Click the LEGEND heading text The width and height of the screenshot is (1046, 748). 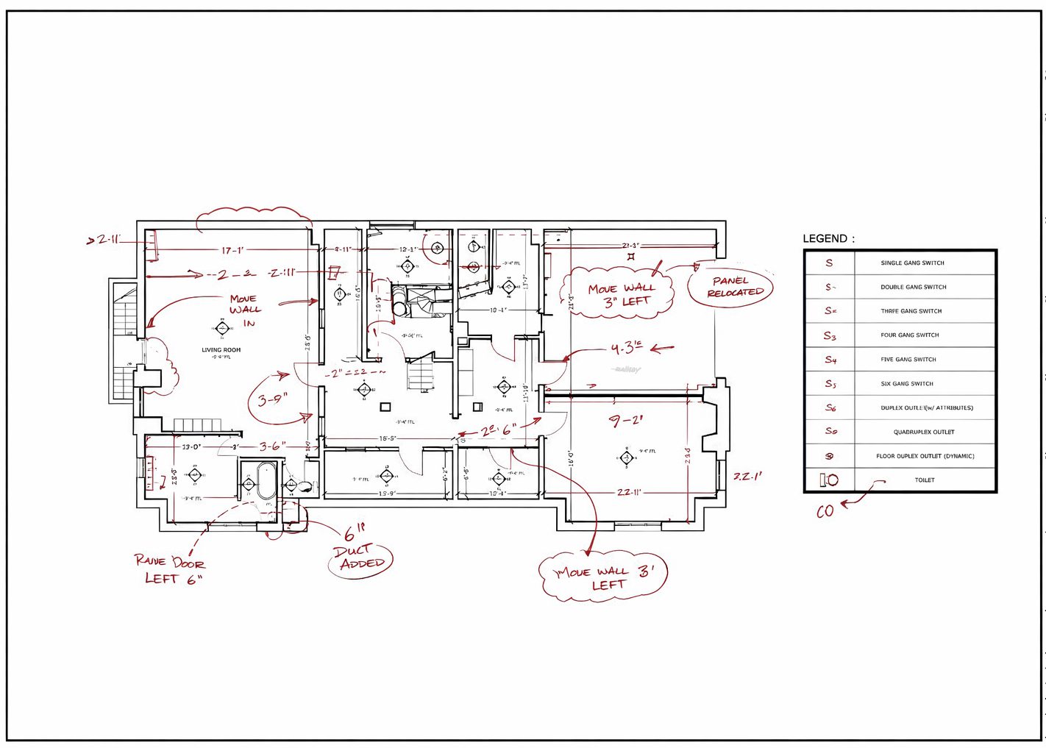pyautogui.click(x=828, y=238)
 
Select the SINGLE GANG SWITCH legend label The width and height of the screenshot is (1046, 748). pyautogui.click(x=912, y=263)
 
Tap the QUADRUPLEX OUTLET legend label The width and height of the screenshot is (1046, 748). pyautogui.click(x=923, y=432)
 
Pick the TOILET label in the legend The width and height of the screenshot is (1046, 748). pyautogui.click(x=925, y=480)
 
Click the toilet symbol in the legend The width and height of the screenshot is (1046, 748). pyautogui.click(x=829, y=480)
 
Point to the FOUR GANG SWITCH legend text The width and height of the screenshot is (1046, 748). pyautogui.click(x=910, y=335)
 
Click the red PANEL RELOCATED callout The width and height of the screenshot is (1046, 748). pyautogui.click(x=732, y=287)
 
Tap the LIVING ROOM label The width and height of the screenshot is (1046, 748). pyautogui.click(x=221, y=350)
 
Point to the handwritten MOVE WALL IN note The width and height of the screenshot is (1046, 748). pyautogui.click(x=244, y=310)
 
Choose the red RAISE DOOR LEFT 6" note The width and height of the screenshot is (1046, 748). pyautogui.click(x=170, y=569)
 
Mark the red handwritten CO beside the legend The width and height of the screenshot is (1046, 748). pyautogui.click(x=825, y=511)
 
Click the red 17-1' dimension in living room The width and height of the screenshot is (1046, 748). pyautogui.click(x=232, y=251)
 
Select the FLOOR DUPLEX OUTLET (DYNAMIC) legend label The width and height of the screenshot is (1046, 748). pyautogui.click(x=925, y=456)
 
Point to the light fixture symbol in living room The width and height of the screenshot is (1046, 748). pyautogui.click(x=221, y=328)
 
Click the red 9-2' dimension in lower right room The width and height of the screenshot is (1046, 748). pyautogui.click(x=626, y=421)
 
